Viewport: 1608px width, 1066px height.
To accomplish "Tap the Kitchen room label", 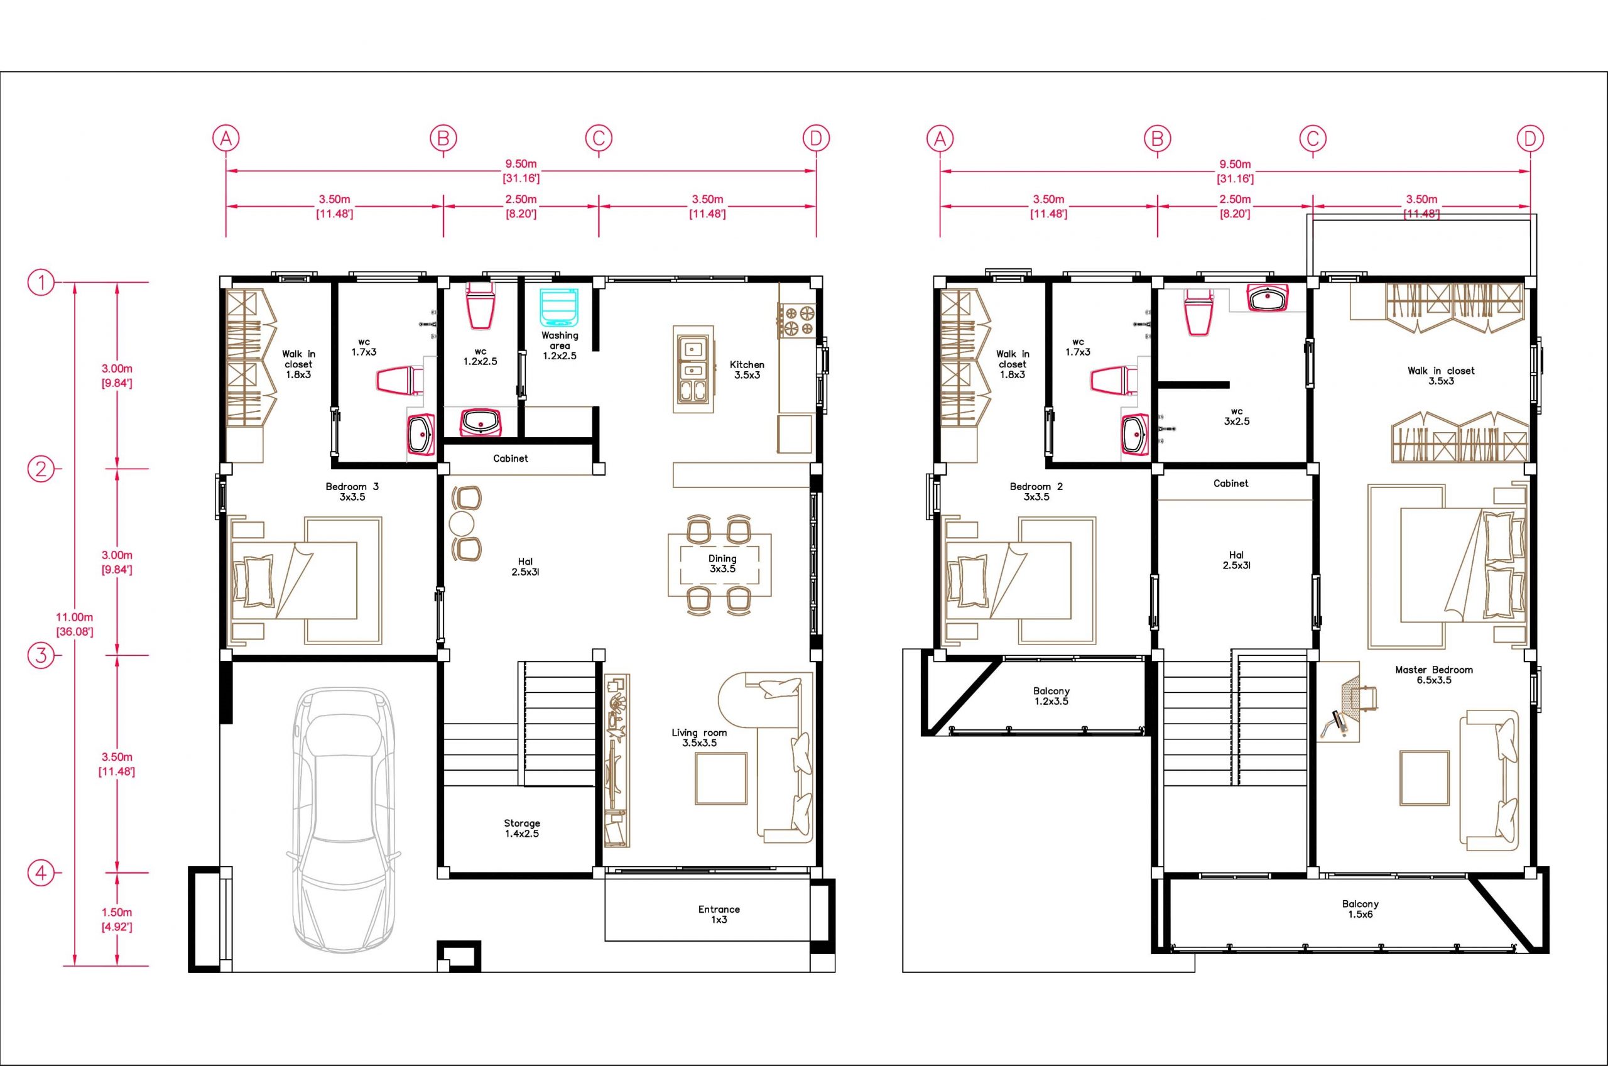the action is [747, 370].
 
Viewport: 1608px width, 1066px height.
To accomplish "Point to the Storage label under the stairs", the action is [522, 828].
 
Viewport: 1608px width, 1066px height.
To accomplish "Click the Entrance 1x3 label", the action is [719, 915].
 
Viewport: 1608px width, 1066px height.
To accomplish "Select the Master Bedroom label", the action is [1434, 675].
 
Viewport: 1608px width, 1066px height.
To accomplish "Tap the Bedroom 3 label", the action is [352, 491].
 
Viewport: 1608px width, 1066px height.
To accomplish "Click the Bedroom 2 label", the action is [1036, 491].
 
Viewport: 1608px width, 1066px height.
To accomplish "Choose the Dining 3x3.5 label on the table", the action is [722, 563].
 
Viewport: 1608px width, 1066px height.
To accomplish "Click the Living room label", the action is [699, 737].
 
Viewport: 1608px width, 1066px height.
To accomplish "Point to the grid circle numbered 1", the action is [41, 282].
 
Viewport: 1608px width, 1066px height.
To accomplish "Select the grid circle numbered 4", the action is [41, 873].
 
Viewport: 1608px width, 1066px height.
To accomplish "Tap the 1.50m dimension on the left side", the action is [117, 919].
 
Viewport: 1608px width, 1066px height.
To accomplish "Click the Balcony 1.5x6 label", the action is [1361, 909].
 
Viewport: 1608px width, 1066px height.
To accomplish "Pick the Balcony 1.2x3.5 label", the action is [1051, 696].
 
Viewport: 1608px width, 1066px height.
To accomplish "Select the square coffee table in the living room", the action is [720, 778].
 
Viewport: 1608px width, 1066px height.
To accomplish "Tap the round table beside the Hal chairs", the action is [462, 523].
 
